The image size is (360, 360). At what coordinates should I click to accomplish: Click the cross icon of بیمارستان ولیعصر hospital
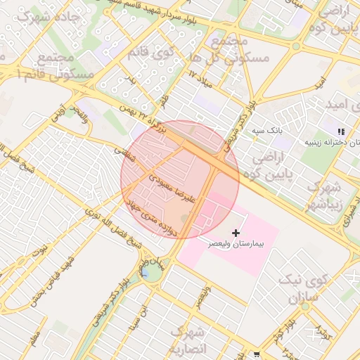tap(235, 232)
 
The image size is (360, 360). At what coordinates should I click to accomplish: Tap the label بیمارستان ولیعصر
tap(236, 243)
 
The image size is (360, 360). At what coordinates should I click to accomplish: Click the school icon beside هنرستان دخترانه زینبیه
tap(341, 131)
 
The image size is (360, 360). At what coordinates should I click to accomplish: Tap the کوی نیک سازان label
tap(304, 289)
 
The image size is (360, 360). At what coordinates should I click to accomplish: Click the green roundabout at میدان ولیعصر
tap(151, 270)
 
